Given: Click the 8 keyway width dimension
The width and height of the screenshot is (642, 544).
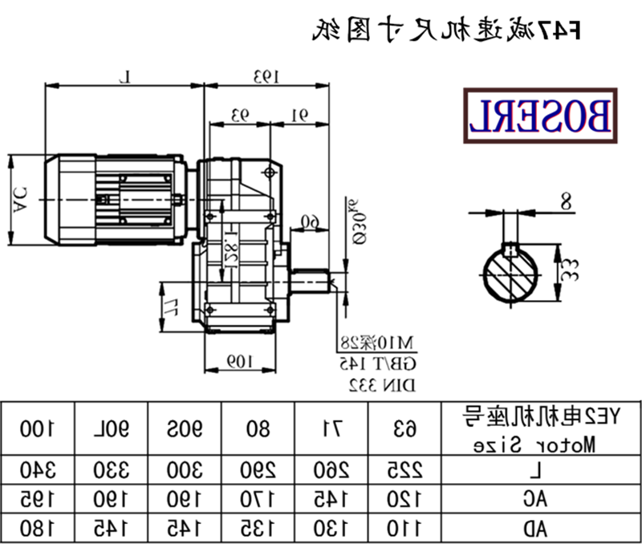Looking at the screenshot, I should [566, 203].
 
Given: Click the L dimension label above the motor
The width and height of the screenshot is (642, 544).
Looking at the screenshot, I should [124, 76].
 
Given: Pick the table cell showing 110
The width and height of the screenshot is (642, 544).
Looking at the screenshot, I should [405, 528].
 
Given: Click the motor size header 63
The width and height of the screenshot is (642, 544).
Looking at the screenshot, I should [405, 428].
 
